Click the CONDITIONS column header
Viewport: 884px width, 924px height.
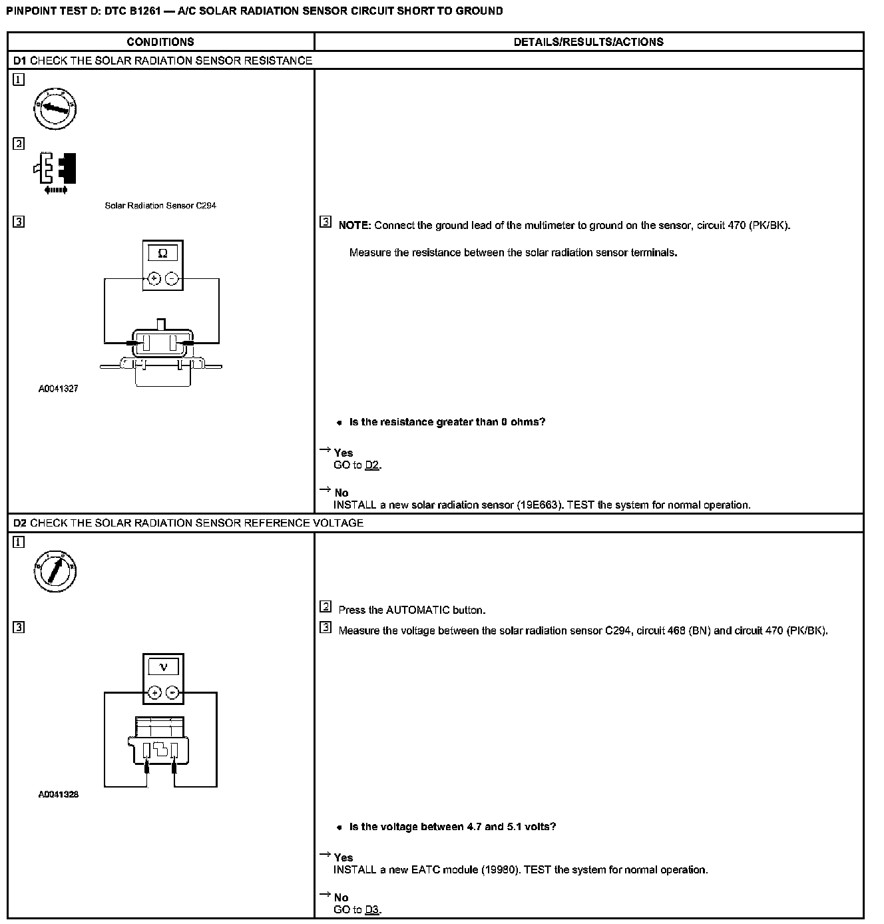(160, 42)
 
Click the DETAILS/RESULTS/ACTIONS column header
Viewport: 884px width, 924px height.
(588, 42)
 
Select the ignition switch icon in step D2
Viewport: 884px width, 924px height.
(55, 571)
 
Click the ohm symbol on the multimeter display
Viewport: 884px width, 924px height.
(163, 254)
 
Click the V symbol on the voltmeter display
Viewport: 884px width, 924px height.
(163, 667)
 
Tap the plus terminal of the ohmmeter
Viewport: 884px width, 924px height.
(154, 278)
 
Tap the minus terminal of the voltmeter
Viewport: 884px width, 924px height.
(172, 692)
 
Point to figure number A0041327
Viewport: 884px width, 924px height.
(59, 389)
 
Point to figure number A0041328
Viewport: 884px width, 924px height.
(59, 794)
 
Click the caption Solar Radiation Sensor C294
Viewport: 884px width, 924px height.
(160, 206)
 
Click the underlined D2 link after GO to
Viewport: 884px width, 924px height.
(372, 465)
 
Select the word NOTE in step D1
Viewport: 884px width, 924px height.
(353, 226)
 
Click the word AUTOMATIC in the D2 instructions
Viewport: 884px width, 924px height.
(417, 610)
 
